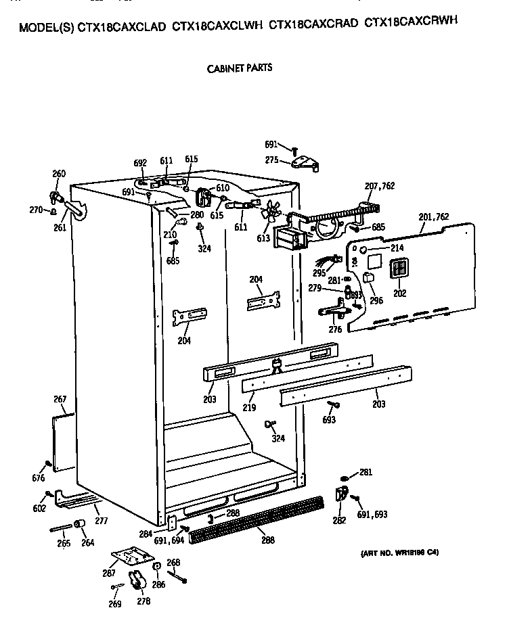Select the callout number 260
(59, 174)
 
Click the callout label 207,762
(380, 186)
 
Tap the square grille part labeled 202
(400, 268)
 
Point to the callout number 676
(38, 479)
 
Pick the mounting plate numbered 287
(131, 556)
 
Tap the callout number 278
(142, 599)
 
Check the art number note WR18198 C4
(399, 553)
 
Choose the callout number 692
(140, 163)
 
